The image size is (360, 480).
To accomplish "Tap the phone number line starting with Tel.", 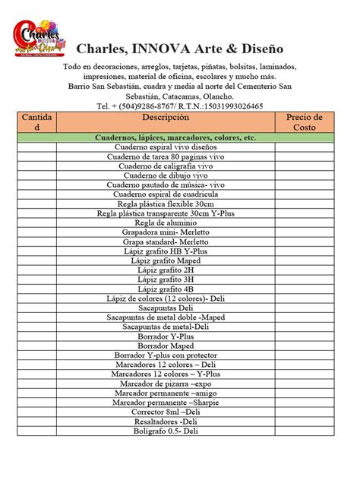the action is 180,106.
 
